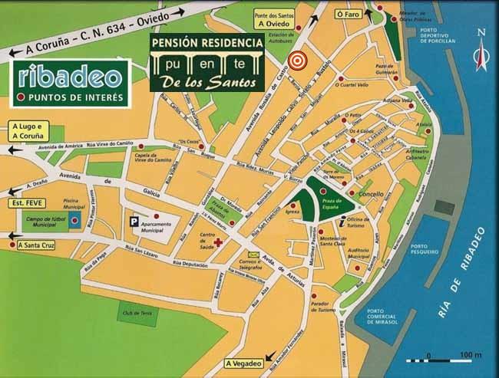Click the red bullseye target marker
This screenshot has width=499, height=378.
coord(296,59)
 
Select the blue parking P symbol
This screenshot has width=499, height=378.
coord(135,220)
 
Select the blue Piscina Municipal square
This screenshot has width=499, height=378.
coord(74,221)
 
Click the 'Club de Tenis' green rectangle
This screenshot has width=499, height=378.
coord(136,312)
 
